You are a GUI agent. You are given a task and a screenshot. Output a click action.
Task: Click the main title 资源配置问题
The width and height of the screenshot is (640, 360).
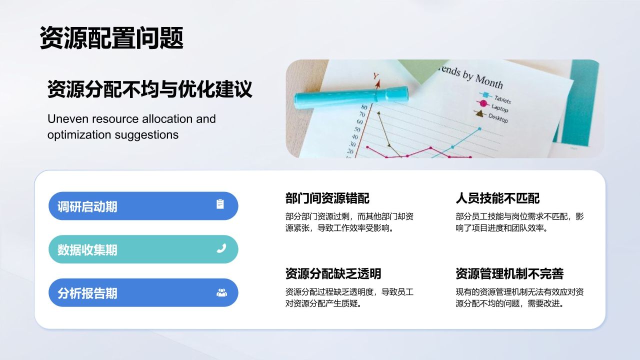(111, 38)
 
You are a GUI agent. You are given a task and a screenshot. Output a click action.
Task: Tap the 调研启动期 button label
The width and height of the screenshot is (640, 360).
(87, 206)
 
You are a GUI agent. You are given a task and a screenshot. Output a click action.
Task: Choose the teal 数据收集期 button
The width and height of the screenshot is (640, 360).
(143, 249)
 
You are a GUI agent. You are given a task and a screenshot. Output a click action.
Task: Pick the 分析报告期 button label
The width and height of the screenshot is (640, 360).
(87, 293)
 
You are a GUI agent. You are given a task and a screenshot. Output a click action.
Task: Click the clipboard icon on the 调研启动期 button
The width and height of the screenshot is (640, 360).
(220, 204)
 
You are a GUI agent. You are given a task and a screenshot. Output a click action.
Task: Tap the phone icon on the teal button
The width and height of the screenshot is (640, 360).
(221, 248)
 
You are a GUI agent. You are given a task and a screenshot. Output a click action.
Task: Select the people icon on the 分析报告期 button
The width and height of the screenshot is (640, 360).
(221, 292)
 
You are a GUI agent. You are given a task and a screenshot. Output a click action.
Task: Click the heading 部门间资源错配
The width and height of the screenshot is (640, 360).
(327, 198)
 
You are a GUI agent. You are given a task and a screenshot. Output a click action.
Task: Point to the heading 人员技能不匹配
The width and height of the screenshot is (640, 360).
(497, 198)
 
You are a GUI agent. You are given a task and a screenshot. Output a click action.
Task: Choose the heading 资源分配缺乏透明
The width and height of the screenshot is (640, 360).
(333, 273)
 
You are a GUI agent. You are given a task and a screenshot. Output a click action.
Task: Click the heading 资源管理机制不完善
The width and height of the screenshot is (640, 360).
(509, 273)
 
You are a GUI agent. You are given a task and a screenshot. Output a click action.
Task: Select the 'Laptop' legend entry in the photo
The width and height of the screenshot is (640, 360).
(499, 108)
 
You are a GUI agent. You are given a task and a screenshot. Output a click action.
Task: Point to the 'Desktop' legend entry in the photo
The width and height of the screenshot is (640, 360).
(497, 118)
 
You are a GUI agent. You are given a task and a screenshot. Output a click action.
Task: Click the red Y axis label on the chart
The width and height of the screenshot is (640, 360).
(376, 76)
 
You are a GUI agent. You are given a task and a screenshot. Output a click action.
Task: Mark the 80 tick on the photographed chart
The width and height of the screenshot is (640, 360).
(363, 106)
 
